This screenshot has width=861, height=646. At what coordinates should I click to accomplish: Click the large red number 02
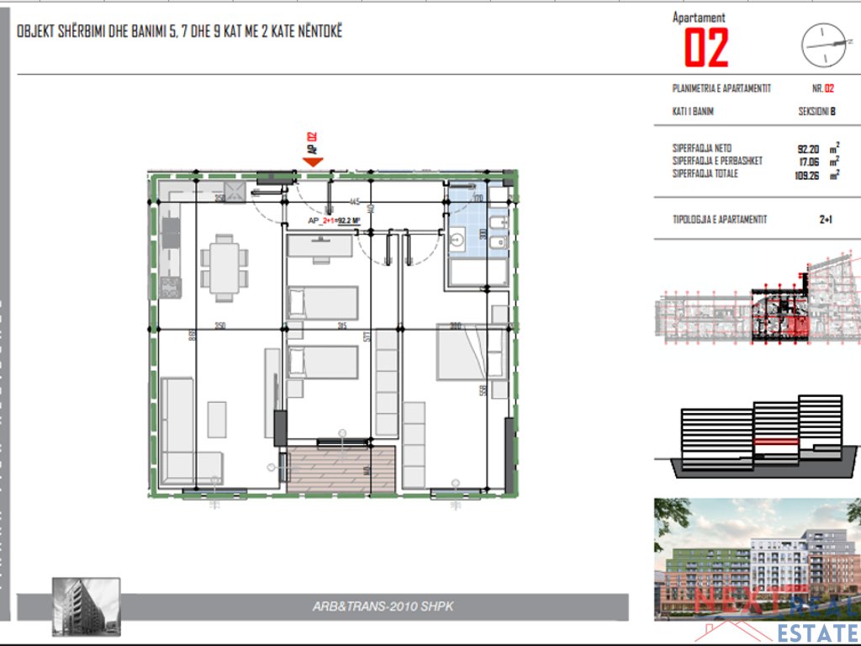(705, 48)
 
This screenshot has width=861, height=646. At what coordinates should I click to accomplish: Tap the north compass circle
(821, 45)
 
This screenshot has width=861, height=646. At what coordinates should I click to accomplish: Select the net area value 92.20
(808, 148)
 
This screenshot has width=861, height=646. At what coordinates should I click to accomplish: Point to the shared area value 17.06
(808, 161)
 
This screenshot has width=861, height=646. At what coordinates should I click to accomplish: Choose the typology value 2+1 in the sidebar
(826, 220)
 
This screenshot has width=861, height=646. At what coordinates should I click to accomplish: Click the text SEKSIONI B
(816, 111)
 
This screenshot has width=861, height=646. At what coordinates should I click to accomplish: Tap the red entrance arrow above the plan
(314, 161)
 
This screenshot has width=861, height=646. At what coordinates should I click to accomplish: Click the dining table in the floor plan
(224, 267)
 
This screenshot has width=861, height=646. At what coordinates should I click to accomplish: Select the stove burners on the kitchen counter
(171, 288)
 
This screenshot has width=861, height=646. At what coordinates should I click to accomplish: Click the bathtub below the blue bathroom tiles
(476, 273)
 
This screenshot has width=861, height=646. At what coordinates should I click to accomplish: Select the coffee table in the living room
(217, 419)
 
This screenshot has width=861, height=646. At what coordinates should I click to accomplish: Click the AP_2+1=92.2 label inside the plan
(335, 221)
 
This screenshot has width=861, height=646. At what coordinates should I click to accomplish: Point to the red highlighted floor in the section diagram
(776, 441)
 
